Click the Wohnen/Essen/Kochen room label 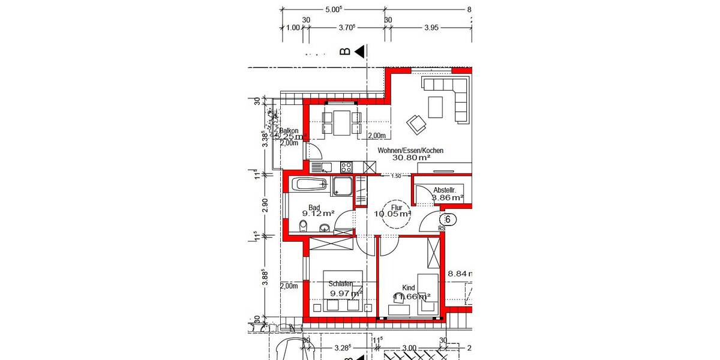coord(410,151)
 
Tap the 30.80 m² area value coord(412,158)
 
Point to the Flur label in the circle coord(395,208)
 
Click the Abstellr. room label coord(445,190)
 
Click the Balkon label coord(289,131)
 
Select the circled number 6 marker coord(447,220)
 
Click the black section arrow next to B coord(360,52)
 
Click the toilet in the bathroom coord(304,226)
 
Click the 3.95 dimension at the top coord(431,28)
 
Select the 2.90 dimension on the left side coord(264,205)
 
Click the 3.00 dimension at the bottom coord(409,348)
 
